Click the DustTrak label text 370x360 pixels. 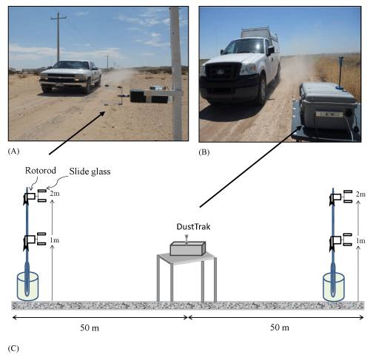click(x=193, y=227)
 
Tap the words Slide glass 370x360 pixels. click(x=90, y=171)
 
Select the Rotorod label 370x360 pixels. click(x=41, y=171)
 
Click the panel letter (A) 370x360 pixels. click(x=13, y=151)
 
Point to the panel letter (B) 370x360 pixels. click(x=204, y=152)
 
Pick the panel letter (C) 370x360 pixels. click(x=13, y=348)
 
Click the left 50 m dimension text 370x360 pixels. click(x=90, y=328)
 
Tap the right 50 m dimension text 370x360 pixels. click(x=280, y=327)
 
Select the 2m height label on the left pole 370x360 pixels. click(x=55, y=194)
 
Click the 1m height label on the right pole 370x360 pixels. click(x=360, y=241)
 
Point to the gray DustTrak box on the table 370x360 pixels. click(x=188, y=248)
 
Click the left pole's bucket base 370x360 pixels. click(x=27, y=286)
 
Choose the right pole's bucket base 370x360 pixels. click(x=334, y=287)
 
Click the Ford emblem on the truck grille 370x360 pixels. click(x=221, y=72)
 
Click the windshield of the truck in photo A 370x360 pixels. click(x=71, y=65)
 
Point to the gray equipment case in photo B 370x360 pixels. click(x=328, y=106)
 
